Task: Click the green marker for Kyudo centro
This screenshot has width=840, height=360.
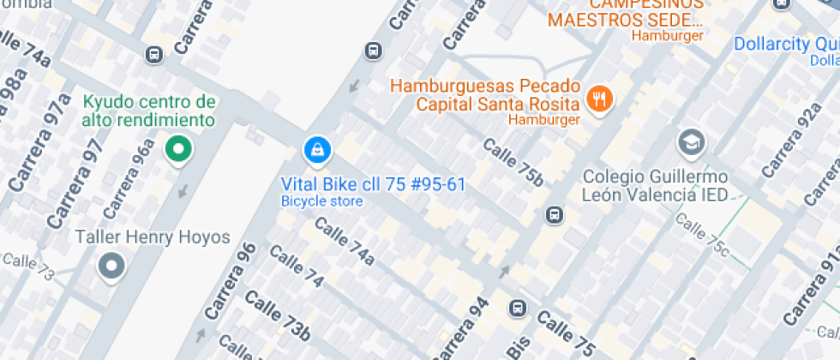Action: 178,150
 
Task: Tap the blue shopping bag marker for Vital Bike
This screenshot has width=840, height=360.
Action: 317,151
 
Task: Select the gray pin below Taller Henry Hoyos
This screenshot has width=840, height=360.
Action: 111,266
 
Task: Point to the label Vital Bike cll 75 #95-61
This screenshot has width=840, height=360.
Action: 374,184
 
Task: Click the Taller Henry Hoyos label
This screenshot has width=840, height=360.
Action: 153,237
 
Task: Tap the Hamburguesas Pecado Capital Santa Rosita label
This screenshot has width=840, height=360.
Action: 486,95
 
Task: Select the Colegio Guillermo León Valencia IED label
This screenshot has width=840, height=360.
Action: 655,185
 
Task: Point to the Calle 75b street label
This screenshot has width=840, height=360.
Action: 513,160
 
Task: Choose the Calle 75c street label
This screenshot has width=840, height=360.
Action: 701,237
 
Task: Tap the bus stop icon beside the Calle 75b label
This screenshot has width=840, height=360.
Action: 555,214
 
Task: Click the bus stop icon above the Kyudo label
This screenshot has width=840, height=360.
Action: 154,54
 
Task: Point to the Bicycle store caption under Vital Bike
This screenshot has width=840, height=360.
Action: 321,201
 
